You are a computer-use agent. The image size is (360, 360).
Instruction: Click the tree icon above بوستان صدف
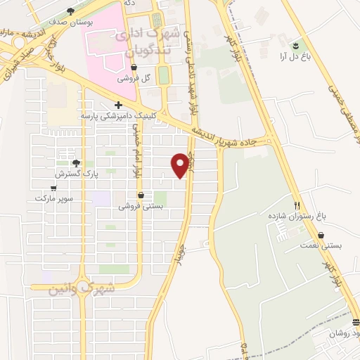coord(70,11)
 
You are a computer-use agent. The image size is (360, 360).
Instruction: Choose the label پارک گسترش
coord(76,172)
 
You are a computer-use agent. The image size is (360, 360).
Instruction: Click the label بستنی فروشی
coord(141,206)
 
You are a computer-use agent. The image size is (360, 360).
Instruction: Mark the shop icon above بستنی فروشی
coord(141,195)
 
